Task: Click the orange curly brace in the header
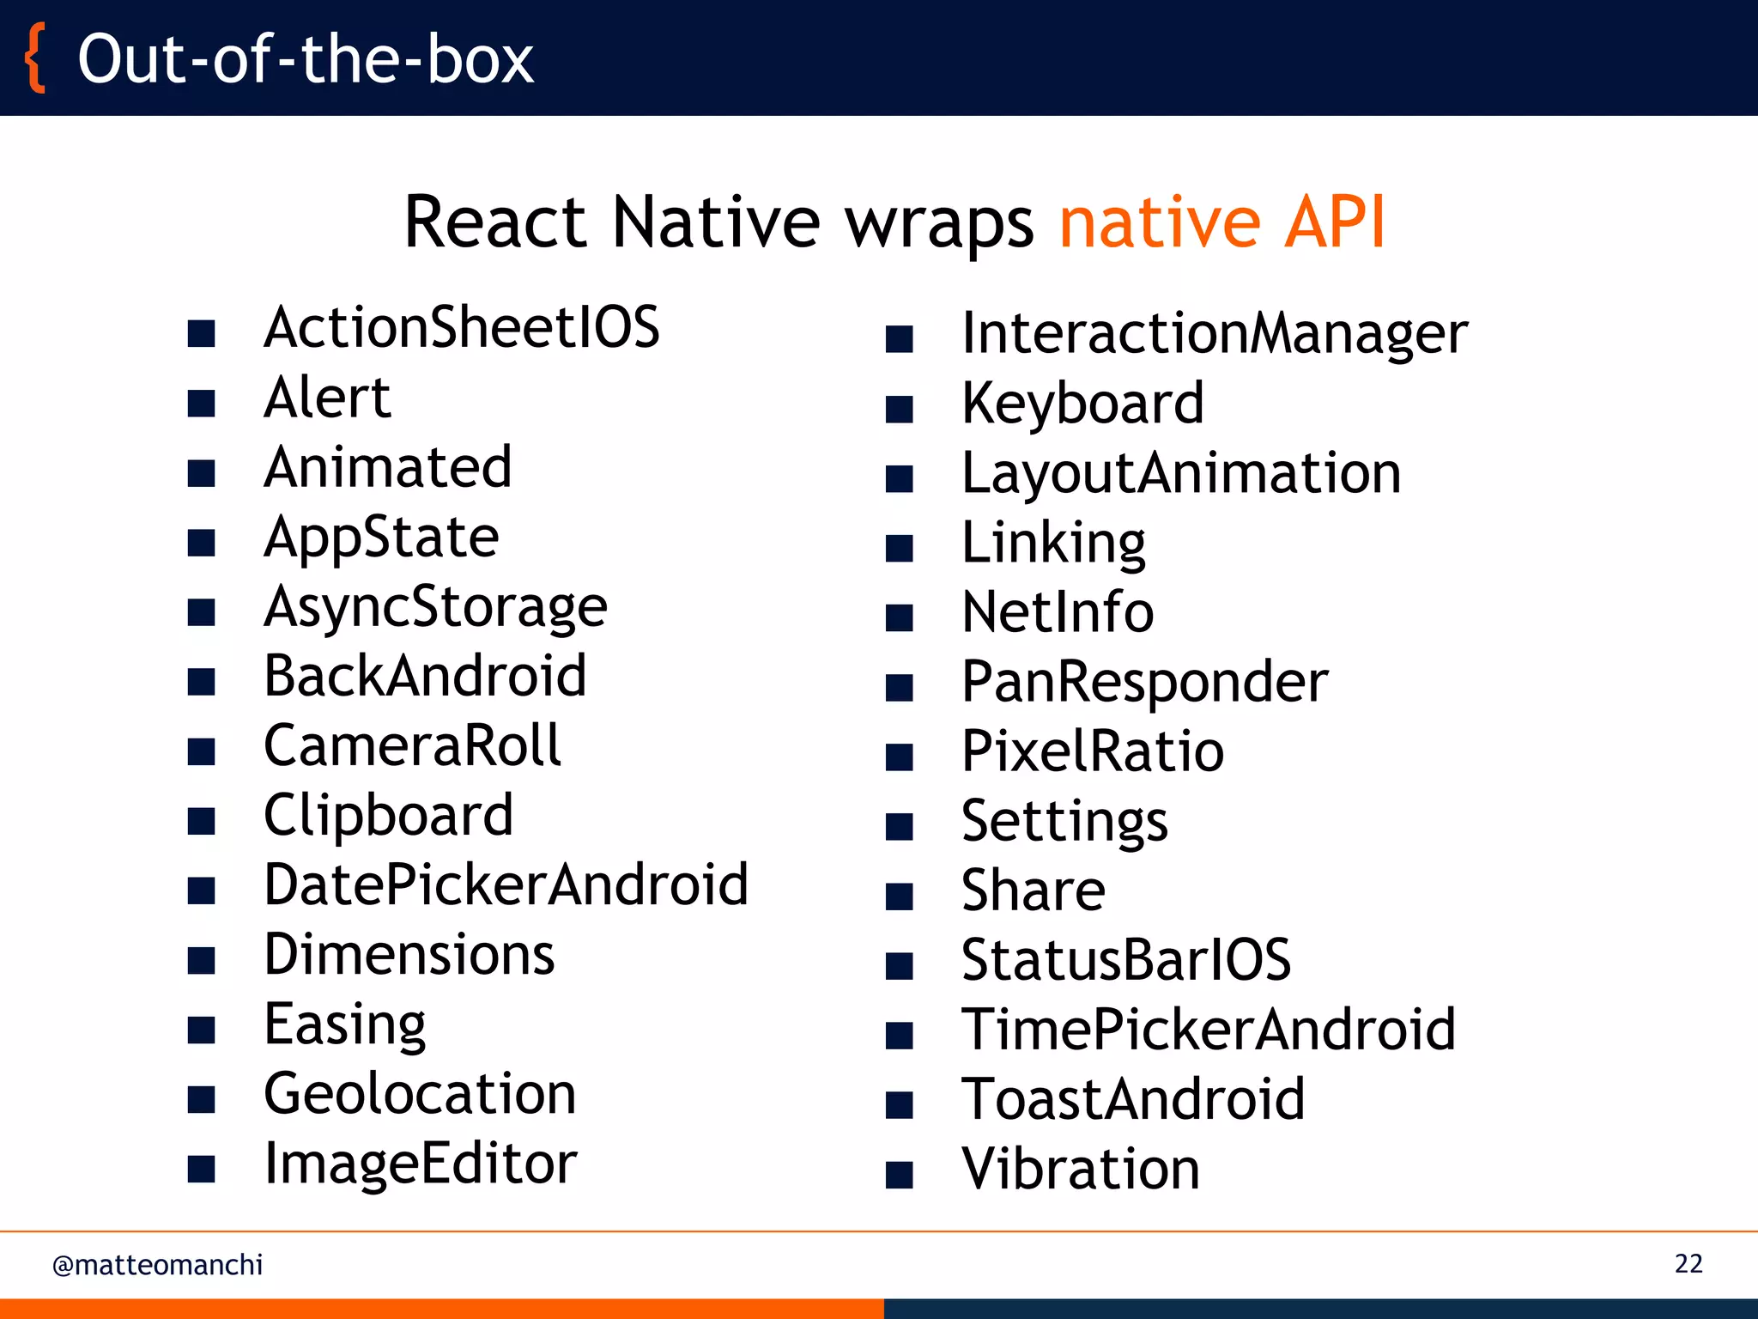click(x=35, y=58)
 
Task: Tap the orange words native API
click(x=1222, y=222)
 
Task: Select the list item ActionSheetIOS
click(x=462, y=327)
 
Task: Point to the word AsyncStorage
click(x=435, y=607)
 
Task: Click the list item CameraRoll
click(x=412, y=745)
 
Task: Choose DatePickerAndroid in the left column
click(x=506, y=884)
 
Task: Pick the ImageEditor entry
click(x=421, y=1164)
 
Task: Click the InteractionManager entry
click(x=1215, y=333)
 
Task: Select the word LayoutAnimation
click(x=1181, y=473)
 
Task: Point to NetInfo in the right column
click(x=1058, y=612)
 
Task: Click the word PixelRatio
click(x=1093, y=751)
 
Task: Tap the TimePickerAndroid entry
click(x=1209, y=1029)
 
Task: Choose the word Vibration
click(x=1081, y=1169)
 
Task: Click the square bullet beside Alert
click(x=201, y=403)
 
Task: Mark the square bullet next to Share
click(x=899, y=897)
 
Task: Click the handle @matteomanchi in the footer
click(x=157, y=1265)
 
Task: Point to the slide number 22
click(x=1688, y=1264)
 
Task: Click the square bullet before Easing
click(x=201, y=1029)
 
